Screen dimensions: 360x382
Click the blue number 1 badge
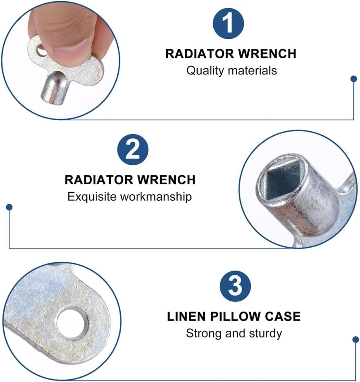click(228, 23)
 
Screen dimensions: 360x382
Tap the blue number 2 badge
click(133, 149)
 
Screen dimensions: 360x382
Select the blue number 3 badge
click(235, 286)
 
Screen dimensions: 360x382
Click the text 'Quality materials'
click(232, 71)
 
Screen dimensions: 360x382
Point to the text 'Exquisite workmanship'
click(130, 197)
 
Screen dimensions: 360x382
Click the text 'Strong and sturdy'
click(234, 333)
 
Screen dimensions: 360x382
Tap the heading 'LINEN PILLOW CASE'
click(234, 317)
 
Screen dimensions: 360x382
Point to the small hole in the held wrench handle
click(41, 50)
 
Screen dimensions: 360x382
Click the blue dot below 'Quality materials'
click(354, 79)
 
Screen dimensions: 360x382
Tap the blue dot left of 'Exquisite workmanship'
click(9, 207)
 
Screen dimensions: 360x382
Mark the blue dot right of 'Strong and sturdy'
click(356, 339)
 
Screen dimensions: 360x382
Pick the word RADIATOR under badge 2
click(99, 180)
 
